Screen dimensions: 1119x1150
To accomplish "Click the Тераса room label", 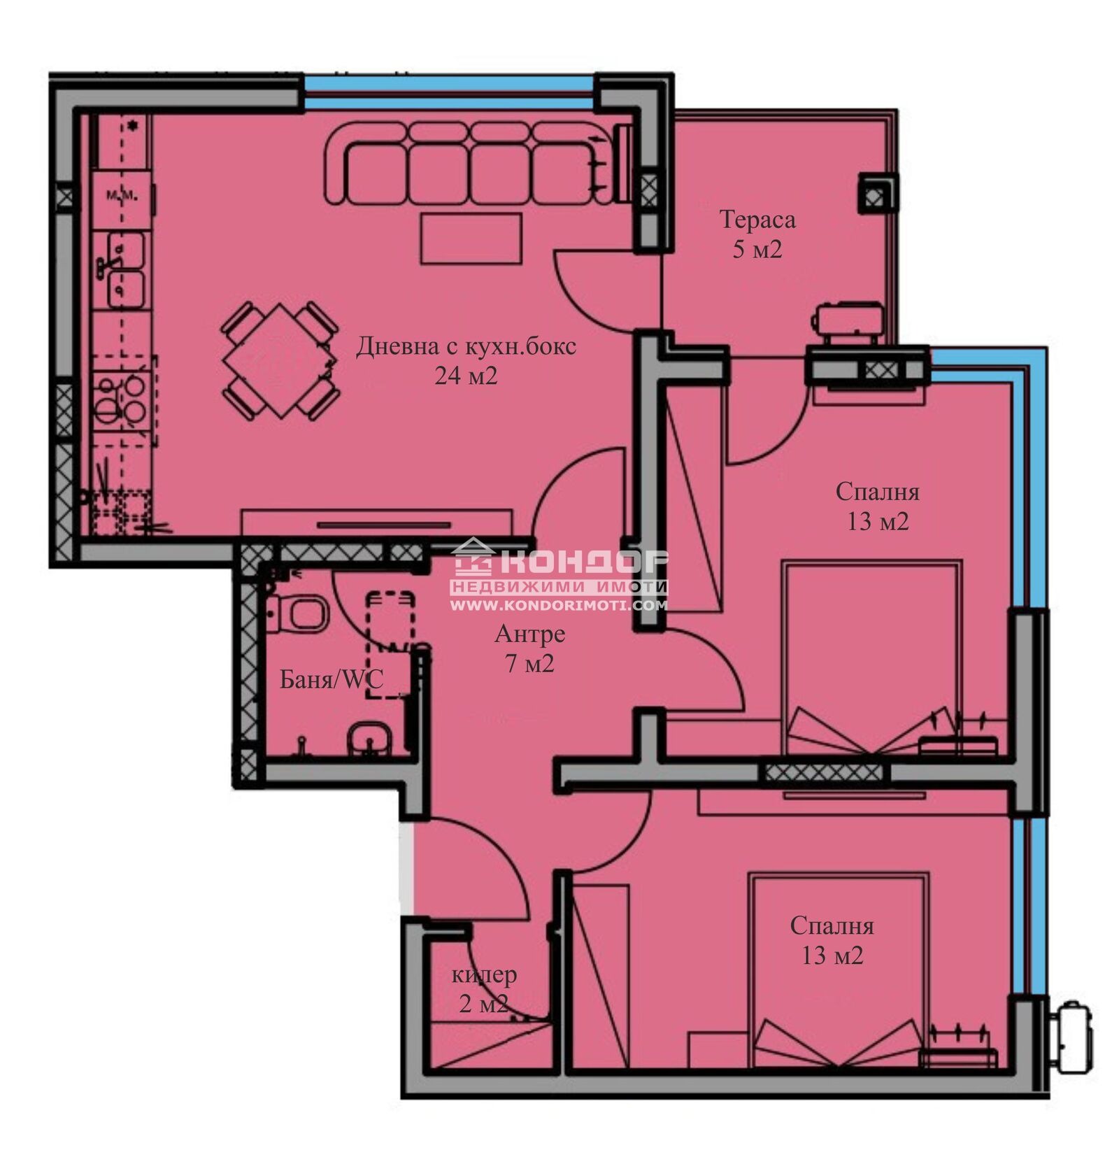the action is click(x=757, y=220).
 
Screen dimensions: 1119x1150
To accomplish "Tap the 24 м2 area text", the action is click(x=466, y=376).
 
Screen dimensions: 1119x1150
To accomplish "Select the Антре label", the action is click(x=529, y=634).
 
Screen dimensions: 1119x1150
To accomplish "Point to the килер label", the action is click(x=485, y=974).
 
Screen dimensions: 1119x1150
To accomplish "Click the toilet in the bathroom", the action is click(x=301, y=613).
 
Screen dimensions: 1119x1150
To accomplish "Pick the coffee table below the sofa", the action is click(x=471, y=239).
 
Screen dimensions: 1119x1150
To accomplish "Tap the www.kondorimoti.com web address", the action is click(x=558, y=606).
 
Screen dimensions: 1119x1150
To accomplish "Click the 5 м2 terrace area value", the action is click(x=757, y=250).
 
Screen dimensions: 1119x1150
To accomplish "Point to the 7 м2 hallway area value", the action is click(x=529, y=663).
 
